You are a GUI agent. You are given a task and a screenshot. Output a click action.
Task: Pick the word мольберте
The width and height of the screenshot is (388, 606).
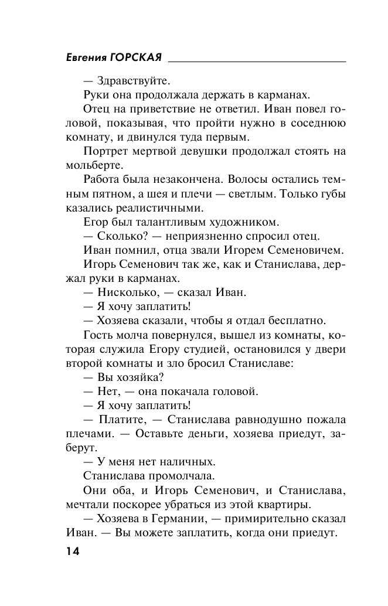point(87,165)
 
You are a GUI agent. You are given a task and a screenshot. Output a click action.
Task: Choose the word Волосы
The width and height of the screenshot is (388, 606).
point(251,179)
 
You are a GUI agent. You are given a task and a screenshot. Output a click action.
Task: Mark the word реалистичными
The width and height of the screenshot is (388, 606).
point(162,208)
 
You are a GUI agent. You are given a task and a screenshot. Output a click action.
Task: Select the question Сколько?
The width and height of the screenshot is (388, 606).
point(117,237)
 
